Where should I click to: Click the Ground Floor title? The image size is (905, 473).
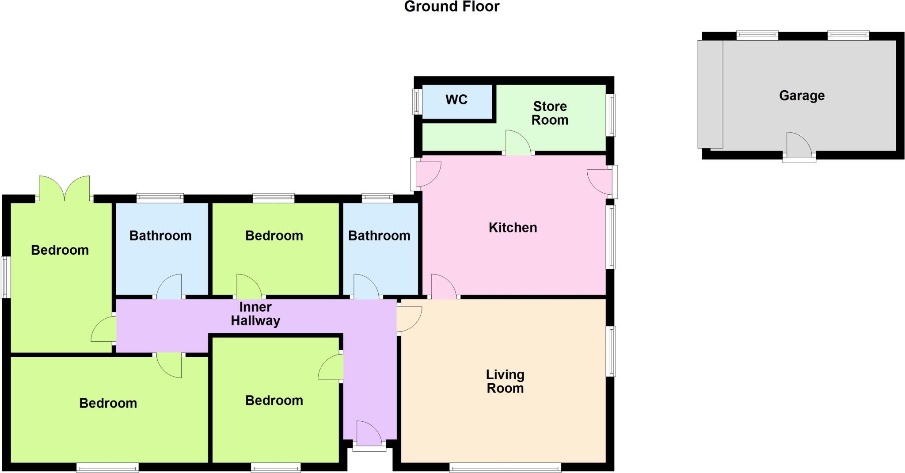coord(452,7)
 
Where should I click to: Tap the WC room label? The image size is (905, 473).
coord(456,100)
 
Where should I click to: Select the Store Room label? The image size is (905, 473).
coord(550,113)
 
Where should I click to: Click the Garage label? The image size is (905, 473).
coord(802,95)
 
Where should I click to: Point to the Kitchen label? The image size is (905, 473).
coord(513,228)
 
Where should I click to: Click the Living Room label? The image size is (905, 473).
coord(505,381)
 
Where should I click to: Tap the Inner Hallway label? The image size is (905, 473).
coord(255,314)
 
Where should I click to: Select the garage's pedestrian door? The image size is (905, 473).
coord(799,146)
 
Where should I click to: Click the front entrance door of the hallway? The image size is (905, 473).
coord(369,435)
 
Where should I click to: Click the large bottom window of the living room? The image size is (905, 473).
coord(505,467)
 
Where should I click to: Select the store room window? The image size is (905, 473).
coord(611,114)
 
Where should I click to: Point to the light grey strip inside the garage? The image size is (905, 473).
coord(710,94)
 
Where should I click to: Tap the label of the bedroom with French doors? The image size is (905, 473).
coord(60,250)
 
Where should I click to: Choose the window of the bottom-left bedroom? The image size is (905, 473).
coord(107,467)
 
